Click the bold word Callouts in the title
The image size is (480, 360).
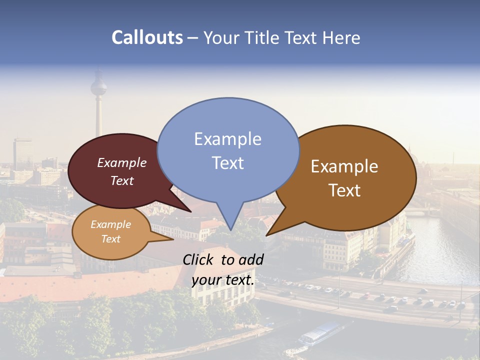[147, 38]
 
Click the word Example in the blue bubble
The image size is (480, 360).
[228, 139]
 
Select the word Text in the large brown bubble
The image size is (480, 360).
[345, 190]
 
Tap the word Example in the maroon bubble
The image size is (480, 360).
[122, 163]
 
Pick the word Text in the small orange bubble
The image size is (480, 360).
[111, 239]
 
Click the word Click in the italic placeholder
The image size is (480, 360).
[199, 259]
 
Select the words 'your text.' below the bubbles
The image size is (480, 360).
[223, 280]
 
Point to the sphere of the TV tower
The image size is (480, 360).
[98, 88]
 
